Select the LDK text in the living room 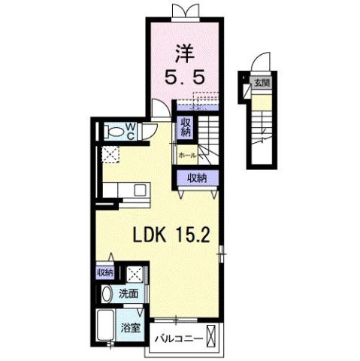pos(150,235)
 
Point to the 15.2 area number pos(192,235)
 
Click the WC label pos(131,132)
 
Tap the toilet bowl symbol pos(116,132)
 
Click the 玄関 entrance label pos(262,83)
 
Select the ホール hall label pos(187,156)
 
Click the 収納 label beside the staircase pos(186,127)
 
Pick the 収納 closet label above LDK pos(197,178)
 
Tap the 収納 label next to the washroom pos(105,272)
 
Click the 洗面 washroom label pos(129,293)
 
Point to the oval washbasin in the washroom pos(107,294)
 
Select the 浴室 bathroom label pos(130,328)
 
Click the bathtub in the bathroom pos(106,325)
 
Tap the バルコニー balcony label pos(179,339)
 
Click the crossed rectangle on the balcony pos(211,336)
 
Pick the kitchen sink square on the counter pos(140,190)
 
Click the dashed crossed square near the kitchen pos(110,154)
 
